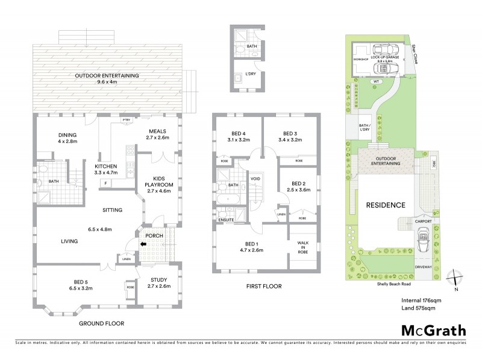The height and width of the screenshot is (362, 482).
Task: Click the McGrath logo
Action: click(433, 330)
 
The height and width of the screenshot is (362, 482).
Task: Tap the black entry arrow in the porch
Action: click(143, 244)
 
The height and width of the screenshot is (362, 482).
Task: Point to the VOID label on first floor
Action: click(255, 179)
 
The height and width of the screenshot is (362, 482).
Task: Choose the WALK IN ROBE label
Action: click(302, 247)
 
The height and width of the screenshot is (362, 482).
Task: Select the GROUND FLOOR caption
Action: click(102, 323)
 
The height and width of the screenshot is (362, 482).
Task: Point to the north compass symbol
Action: click(456, 278)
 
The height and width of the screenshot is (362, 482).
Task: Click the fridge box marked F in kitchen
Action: click(106, 182)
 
